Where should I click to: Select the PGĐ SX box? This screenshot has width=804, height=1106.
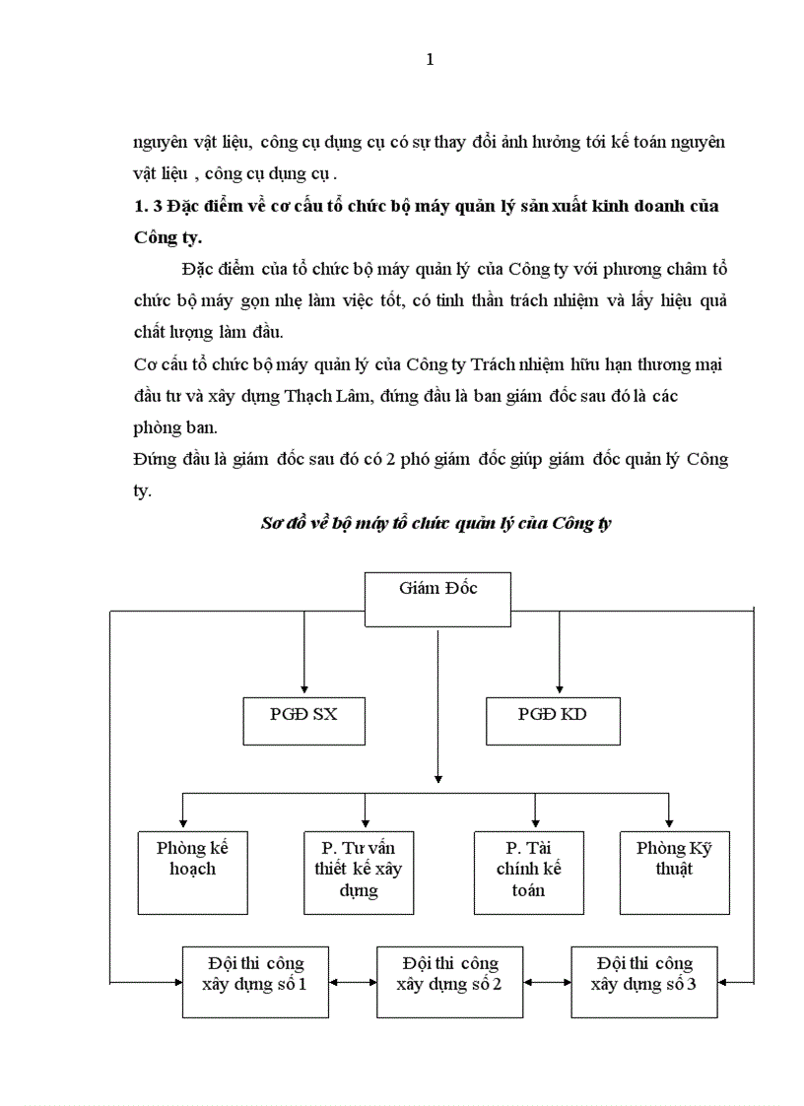click(x=303, y=721)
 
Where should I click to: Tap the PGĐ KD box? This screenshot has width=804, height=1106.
click(x=552, y=721)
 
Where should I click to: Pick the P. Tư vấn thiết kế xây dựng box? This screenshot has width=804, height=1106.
click(x=358, y=872)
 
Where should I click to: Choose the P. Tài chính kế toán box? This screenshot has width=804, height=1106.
click(x=528, y=872)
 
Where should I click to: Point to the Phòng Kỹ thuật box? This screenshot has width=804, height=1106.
click(x=674, y=872)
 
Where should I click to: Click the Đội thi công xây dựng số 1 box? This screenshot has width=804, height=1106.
click(x=256, y=981)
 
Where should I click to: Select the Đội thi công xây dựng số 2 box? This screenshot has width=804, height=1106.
click(x=450, y=981)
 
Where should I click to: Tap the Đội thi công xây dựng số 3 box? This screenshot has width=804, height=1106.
click(x=644, y=981)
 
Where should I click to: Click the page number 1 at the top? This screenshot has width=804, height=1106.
click(x=430, y=59)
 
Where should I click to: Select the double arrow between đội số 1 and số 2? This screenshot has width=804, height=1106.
click(x=354, y=982)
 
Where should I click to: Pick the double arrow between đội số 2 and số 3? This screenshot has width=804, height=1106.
click(x=548, y=982)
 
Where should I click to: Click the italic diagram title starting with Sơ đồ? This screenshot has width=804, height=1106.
click(x=435, y=523)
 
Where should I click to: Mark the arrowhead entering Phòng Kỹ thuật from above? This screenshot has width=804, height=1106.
click(x=670, y=823)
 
